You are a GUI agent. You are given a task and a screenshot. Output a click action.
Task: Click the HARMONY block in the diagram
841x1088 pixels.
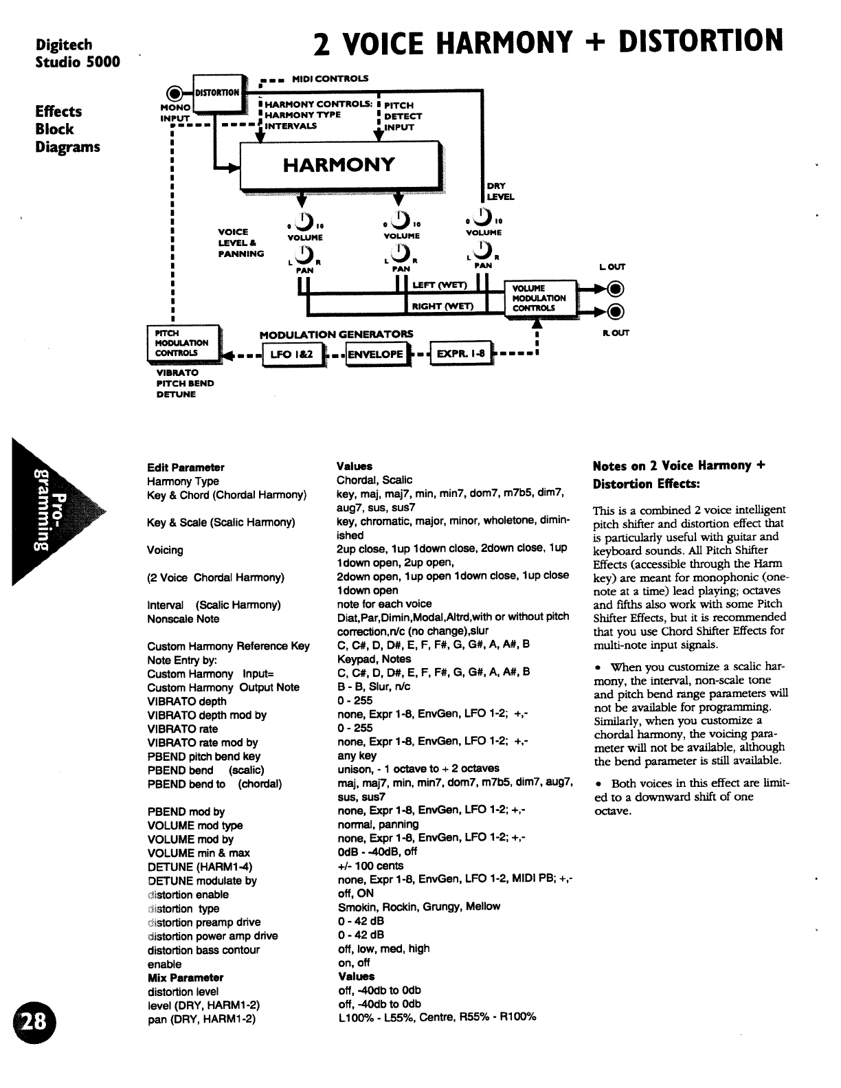339,165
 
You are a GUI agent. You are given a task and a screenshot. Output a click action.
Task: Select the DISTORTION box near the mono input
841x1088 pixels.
216,92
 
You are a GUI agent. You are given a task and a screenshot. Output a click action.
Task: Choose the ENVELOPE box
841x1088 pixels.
375,355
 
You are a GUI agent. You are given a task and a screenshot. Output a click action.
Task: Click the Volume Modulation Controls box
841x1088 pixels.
540,298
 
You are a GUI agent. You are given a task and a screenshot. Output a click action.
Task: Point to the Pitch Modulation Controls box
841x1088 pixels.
182,343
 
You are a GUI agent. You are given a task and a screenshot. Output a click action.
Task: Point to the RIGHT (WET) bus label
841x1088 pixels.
442,306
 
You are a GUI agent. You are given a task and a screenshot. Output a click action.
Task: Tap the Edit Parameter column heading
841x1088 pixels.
186,467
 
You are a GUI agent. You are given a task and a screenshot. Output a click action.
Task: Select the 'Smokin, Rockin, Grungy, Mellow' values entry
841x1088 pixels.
418,907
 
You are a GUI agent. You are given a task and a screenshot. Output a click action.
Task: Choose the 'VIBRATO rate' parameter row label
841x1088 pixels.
182,729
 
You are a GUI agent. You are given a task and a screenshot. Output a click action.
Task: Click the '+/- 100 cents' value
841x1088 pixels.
370,866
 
